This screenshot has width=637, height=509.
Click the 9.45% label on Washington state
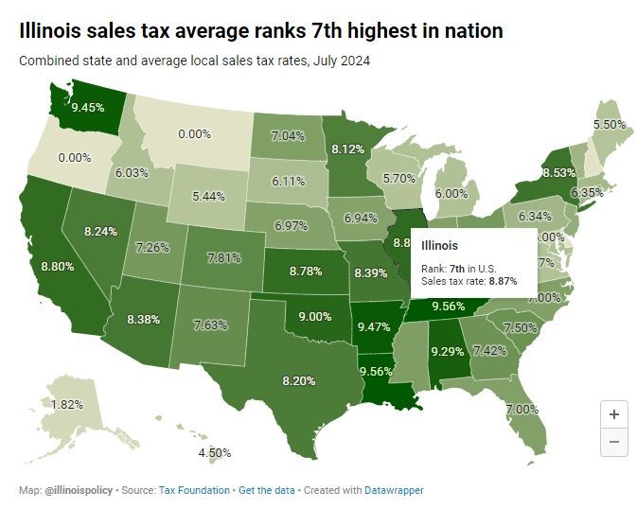[x=88, y=107]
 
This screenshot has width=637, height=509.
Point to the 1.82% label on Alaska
[x=40, y=404]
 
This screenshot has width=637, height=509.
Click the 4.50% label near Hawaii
[x=214, y=452]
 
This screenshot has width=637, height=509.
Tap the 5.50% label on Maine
[x=609, y=124]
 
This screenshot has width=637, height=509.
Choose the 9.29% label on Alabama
[x=449, y=351]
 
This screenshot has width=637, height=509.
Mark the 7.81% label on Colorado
[x=225, y=257]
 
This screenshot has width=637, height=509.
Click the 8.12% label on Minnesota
[x=348, y=149]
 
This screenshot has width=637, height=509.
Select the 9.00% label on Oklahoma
[x=315, y=317]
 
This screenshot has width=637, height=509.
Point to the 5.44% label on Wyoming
[x=208, y=196]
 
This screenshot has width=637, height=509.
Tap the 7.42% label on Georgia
[x=488, y=350]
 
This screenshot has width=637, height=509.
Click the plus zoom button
[x=614, y=413]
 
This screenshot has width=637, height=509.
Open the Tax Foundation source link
[x=194, y=490]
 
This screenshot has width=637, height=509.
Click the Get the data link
[x=265, y=490]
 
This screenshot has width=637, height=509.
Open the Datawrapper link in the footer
[x=394, y=490]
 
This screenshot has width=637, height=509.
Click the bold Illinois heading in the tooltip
[x=439, y=245]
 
